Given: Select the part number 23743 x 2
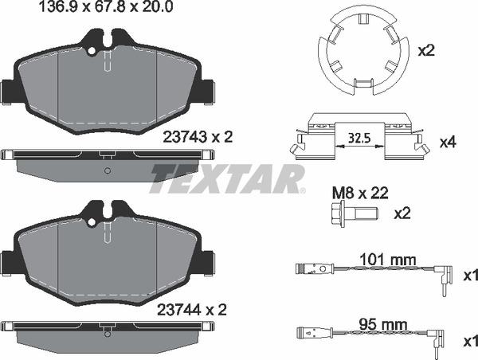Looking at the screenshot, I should (x=196, y=137).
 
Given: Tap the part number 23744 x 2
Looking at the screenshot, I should (x=196, y=308).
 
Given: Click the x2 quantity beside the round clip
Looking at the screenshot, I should (x=427, y=49).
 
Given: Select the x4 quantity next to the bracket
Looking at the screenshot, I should (x=448, y=143).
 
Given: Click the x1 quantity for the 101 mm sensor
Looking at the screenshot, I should (x=471, y=275).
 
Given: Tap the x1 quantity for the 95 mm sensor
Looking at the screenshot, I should (x=471, y=341).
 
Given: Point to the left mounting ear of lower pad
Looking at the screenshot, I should (x=10, y=261).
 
